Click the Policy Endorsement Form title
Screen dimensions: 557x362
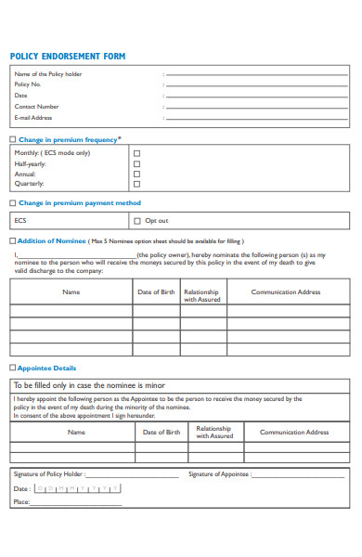tap(68, 57)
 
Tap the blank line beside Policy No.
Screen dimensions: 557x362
tap(258, 84)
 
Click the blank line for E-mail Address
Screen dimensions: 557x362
tap(258, 118)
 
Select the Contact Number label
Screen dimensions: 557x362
tap(36, 107)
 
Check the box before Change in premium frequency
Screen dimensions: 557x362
tap(12, 140)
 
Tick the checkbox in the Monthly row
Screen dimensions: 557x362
tap(137, 153)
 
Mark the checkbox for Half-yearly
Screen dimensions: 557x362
tap(137, 163)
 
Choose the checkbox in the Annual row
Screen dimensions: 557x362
tap(137, 174)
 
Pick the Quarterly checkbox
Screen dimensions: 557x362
tap(137, 184)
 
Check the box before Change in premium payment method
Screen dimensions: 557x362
tap(12, 202)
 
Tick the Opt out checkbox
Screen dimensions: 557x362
tap(137, 221)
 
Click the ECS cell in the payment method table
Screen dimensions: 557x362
tap(20, 221)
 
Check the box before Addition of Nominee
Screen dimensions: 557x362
tap(12, 240)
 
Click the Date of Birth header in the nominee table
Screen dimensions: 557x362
tap(156, 292)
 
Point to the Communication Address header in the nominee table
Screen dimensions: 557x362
tap(286, 292)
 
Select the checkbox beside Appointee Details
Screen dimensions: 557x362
tap(12, 368)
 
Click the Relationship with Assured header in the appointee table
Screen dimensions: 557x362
tap(214, 433)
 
